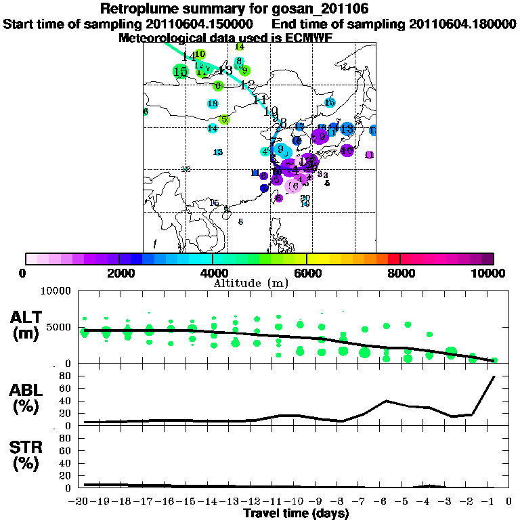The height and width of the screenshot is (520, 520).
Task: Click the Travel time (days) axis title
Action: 296,514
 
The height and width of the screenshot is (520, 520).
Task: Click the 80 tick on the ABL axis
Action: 66,376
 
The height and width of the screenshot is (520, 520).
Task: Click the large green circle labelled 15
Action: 180,71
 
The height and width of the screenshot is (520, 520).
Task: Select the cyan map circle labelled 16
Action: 330,103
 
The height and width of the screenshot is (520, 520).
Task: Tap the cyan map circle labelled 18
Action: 213,104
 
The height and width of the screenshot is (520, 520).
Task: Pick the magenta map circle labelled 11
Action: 369,155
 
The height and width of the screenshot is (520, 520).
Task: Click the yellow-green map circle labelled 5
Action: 224,119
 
